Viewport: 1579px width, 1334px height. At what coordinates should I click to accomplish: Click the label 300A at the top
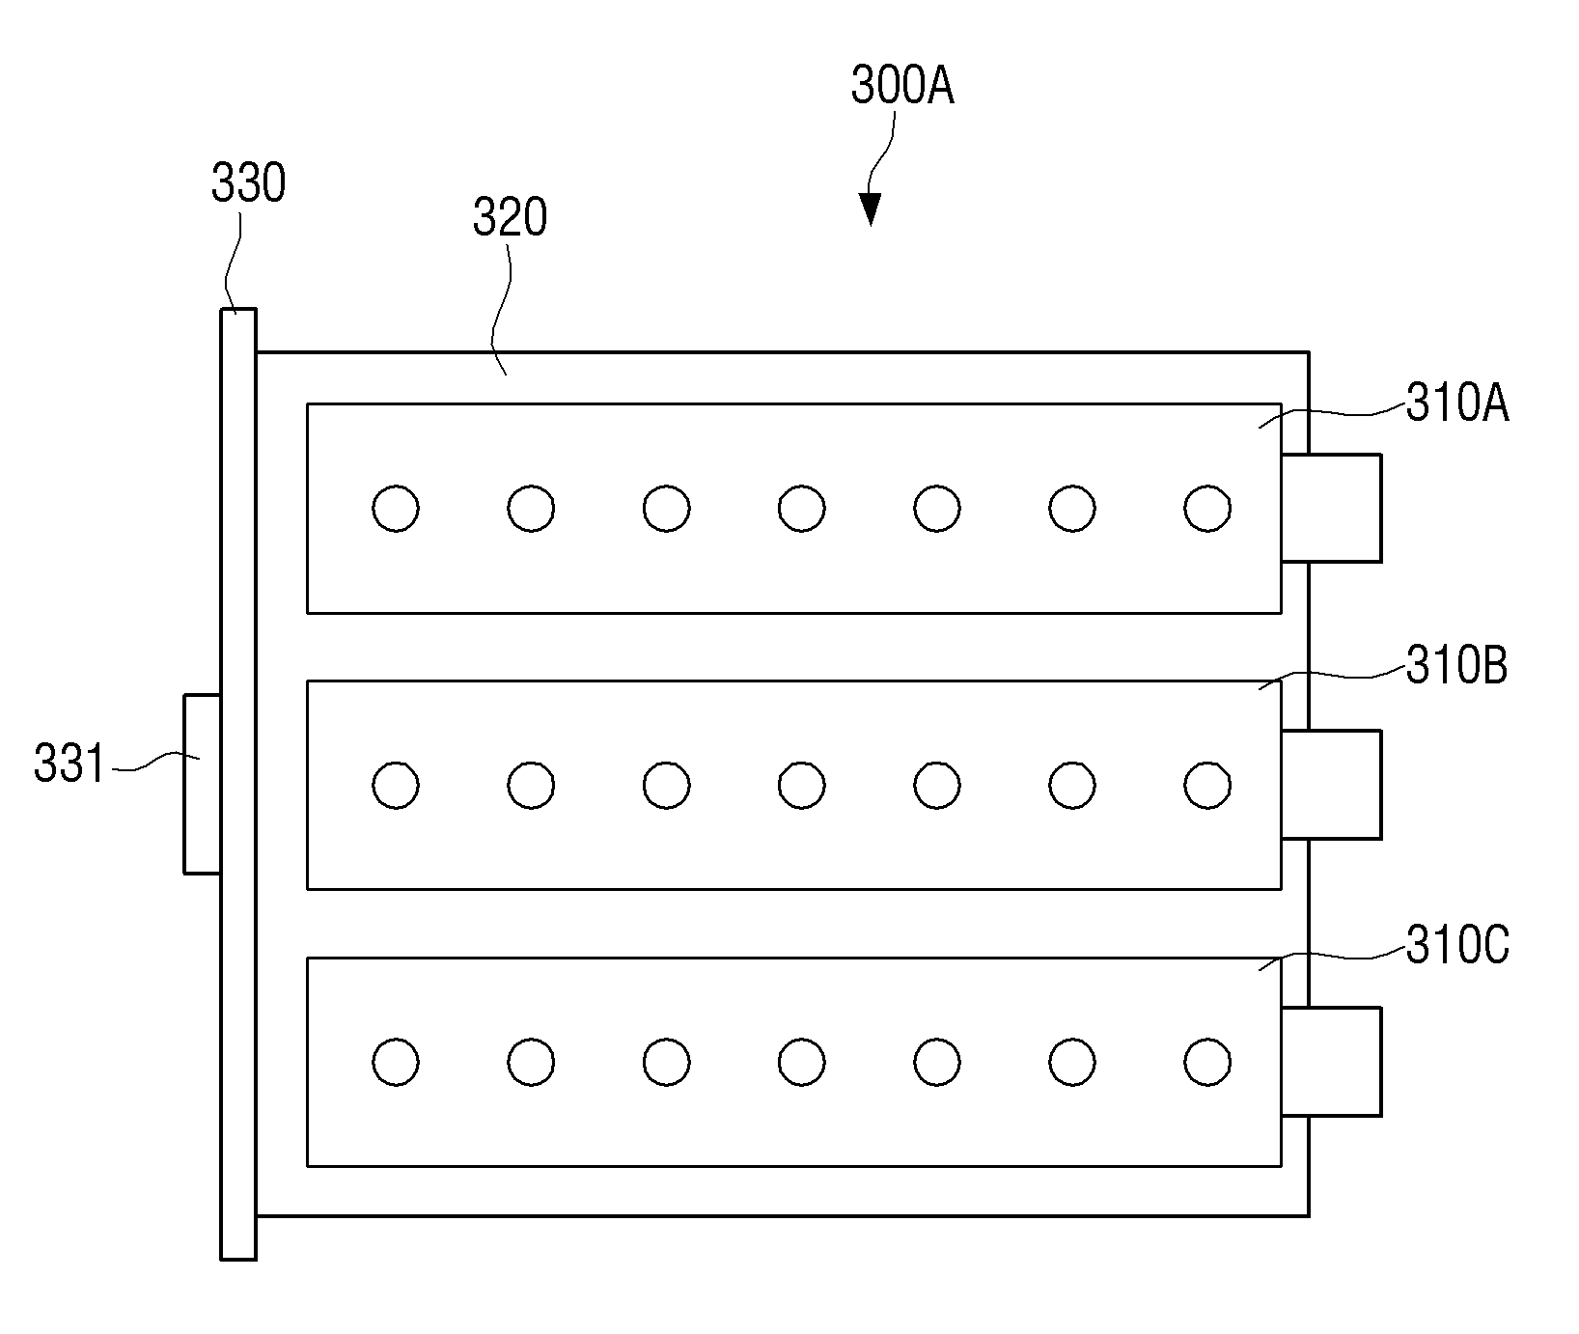pyautogui.click(x=902, y=87)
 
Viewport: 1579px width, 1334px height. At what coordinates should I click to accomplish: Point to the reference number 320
pyautogui.click(x=510, y=218)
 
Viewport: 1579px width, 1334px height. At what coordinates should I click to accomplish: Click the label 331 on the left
pyautogui.click(x=69, y=764)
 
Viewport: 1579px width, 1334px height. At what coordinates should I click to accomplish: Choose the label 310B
pyautogui.click(x=1456, y=665)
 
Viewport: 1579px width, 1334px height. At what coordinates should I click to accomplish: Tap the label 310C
pyautogui.click(x=1457, y=946)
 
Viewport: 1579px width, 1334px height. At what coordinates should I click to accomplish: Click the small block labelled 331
pyautogui.click(x=203, y=784)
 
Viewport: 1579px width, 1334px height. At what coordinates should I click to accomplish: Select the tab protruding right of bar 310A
pyautogui.click(x=1332, y=508)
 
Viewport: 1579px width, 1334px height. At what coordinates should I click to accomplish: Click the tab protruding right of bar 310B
pyautogui.click(x=1332, y=784)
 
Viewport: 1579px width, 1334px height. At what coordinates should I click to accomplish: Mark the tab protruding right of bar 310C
pyautogui.click(x=1332, y=1062)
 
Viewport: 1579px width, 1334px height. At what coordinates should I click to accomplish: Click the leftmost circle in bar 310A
pyautogui.click(x=396, y=508)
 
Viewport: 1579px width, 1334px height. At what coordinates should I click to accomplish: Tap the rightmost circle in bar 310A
pyautogui.click(x=1207, y=508)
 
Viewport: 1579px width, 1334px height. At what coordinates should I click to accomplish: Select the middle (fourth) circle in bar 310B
pyautogui.click(x=801, y=785)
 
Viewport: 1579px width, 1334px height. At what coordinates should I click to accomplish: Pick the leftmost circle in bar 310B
pyautogui.click(x=396, y=785)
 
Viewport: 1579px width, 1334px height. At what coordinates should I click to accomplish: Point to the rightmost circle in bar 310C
pyautogui.click(x=1207, y=1062)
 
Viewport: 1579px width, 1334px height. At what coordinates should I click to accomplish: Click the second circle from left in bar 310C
pyautogui.click(x=531, y=1062)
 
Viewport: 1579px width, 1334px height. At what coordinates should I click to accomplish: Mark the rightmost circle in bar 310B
pyautogui.click(x=1207, y=785)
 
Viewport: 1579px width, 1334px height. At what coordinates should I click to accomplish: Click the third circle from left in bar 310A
pyautogui.click(x=666, y=508)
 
